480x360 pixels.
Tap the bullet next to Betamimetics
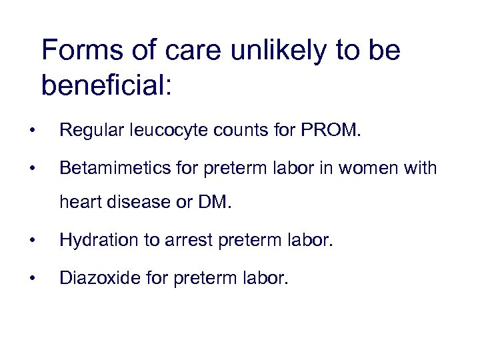coord(33,169)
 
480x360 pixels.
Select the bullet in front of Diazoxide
coord(33,277)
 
